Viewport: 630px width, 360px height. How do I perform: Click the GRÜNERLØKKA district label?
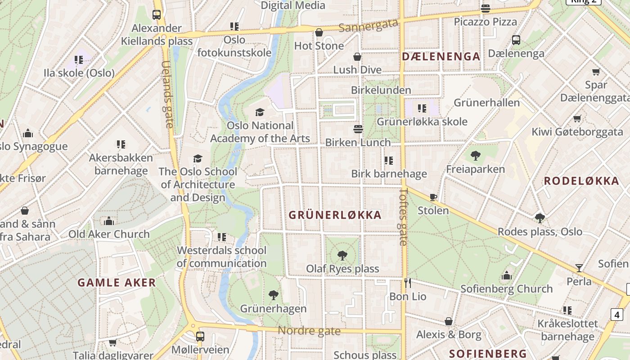tap(335, 215)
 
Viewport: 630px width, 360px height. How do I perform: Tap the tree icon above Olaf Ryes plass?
tap(342, 256)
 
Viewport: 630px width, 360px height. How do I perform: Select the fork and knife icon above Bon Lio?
tap(408, 283)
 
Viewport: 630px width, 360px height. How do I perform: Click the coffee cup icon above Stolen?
tap(433, 197)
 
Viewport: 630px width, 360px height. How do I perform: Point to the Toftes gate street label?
tap(403, 216)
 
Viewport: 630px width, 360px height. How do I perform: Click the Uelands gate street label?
tap(166, 94)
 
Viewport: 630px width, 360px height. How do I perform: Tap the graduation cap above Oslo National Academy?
tap(260, 112)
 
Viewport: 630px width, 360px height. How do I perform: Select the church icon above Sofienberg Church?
tap(507, 275)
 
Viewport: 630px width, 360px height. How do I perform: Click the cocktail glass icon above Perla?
tap(579, 268)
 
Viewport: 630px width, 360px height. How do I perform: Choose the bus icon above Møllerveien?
tap(200, 336)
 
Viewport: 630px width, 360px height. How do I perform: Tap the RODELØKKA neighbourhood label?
tap(581, 181)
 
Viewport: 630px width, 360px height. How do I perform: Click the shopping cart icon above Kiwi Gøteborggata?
tap(577, 119)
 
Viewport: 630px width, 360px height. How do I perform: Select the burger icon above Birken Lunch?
tap(358, 129)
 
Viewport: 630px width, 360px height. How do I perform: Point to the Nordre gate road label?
tap(309, 331)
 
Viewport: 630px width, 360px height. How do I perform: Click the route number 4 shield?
tap(617, 315)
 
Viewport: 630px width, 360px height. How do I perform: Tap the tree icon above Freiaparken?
tap(475, 156)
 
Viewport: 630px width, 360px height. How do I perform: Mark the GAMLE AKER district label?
tap(117, 283)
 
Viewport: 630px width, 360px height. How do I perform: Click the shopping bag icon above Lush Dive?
tap(357, 57)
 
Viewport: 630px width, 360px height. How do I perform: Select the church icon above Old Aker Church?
tap(109, 221)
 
